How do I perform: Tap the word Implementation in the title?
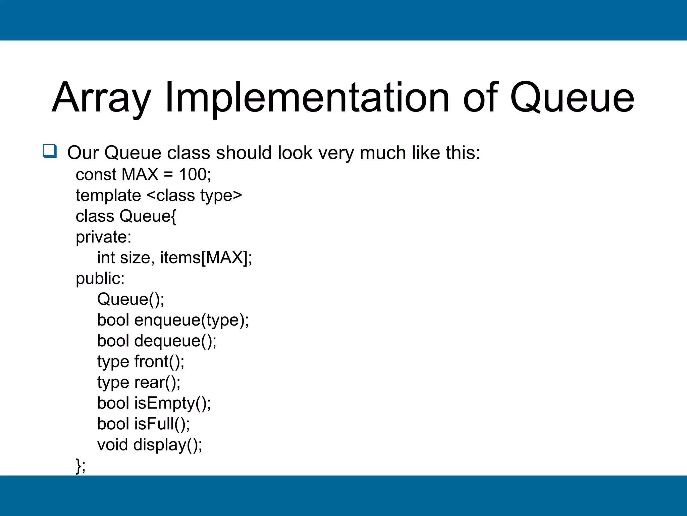point(307,98)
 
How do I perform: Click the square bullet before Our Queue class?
point(50,151)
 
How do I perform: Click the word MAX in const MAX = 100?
point(140,175)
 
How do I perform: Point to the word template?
point(108,196)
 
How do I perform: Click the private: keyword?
point(103,237)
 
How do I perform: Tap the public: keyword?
point(100,279)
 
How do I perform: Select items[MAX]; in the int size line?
point(206,258)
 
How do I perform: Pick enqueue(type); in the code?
point(192,320)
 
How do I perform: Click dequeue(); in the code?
point(175,341)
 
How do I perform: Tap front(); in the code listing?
point(159,362)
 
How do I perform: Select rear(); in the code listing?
point(157,383)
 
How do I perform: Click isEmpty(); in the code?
point(172,403)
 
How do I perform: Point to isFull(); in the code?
point(162,424)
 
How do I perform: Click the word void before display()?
point(112,445)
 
